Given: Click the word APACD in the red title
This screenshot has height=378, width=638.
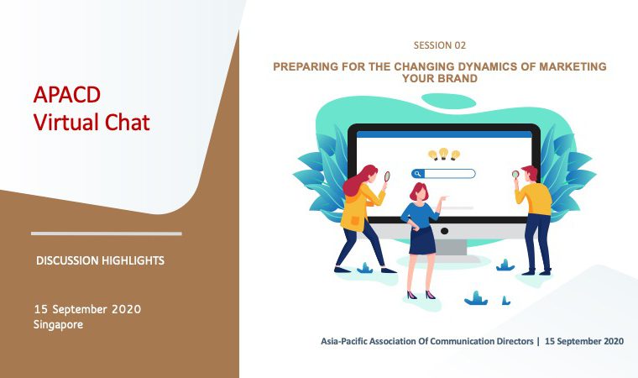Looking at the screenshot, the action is (67, 94).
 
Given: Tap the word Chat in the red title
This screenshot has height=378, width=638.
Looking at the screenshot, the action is (128, 122).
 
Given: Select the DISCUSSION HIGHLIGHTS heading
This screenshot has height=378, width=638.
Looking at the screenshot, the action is (100, 260).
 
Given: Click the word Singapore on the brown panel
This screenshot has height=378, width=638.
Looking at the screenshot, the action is (58, 324).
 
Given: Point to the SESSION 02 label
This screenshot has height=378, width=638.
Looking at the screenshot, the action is (439, 45).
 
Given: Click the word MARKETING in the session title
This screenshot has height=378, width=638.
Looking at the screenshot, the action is (573, 66).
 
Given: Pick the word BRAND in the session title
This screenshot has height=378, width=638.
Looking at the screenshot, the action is (458, 78).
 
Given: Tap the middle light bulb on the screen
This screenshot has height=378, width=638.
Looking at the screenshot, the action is (444, 154).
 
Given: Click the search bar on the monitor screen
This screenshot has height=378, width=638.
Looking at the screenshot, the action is (443, 174).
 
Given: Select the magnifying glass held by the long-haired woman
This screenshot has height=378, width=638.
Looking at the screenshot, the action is (387, 176).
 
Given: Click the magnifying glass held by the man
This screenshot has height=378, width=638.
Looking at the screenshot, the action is (515, 175).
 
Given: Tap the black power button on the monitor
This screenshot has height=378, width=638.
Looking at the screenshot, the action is (444, 231).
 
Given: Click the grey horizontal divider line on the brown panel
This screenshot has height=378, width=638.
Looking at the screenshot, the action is (107, 234).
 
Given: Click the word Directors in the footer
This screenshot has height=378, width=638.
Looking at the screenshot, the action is (515, 341).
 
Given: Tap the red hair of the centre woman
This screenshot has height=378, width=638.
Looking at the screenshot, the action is (418, 191).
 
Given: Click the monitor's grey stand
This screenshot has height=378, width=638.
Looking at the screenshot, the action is (450, 246).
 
